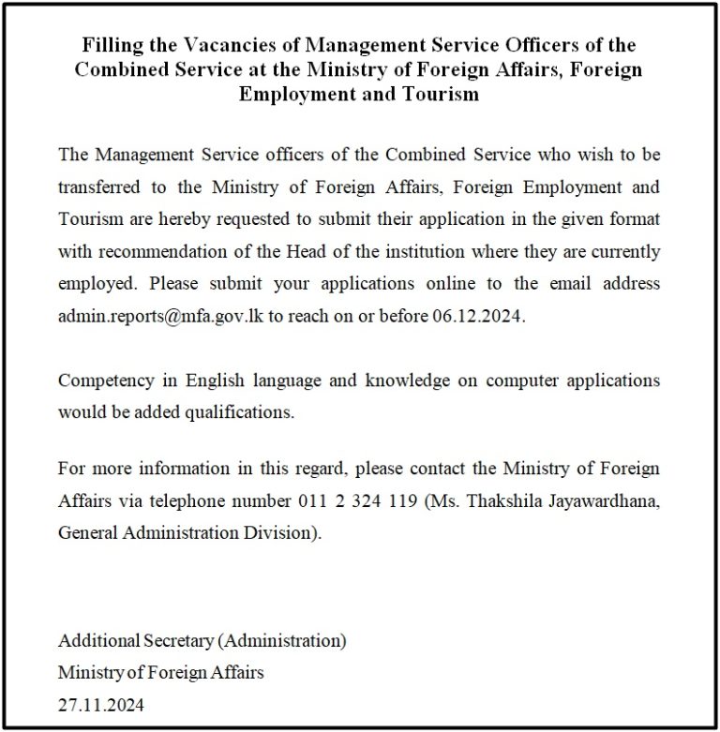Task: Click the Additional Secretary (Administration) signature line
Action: pos(202,642)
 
